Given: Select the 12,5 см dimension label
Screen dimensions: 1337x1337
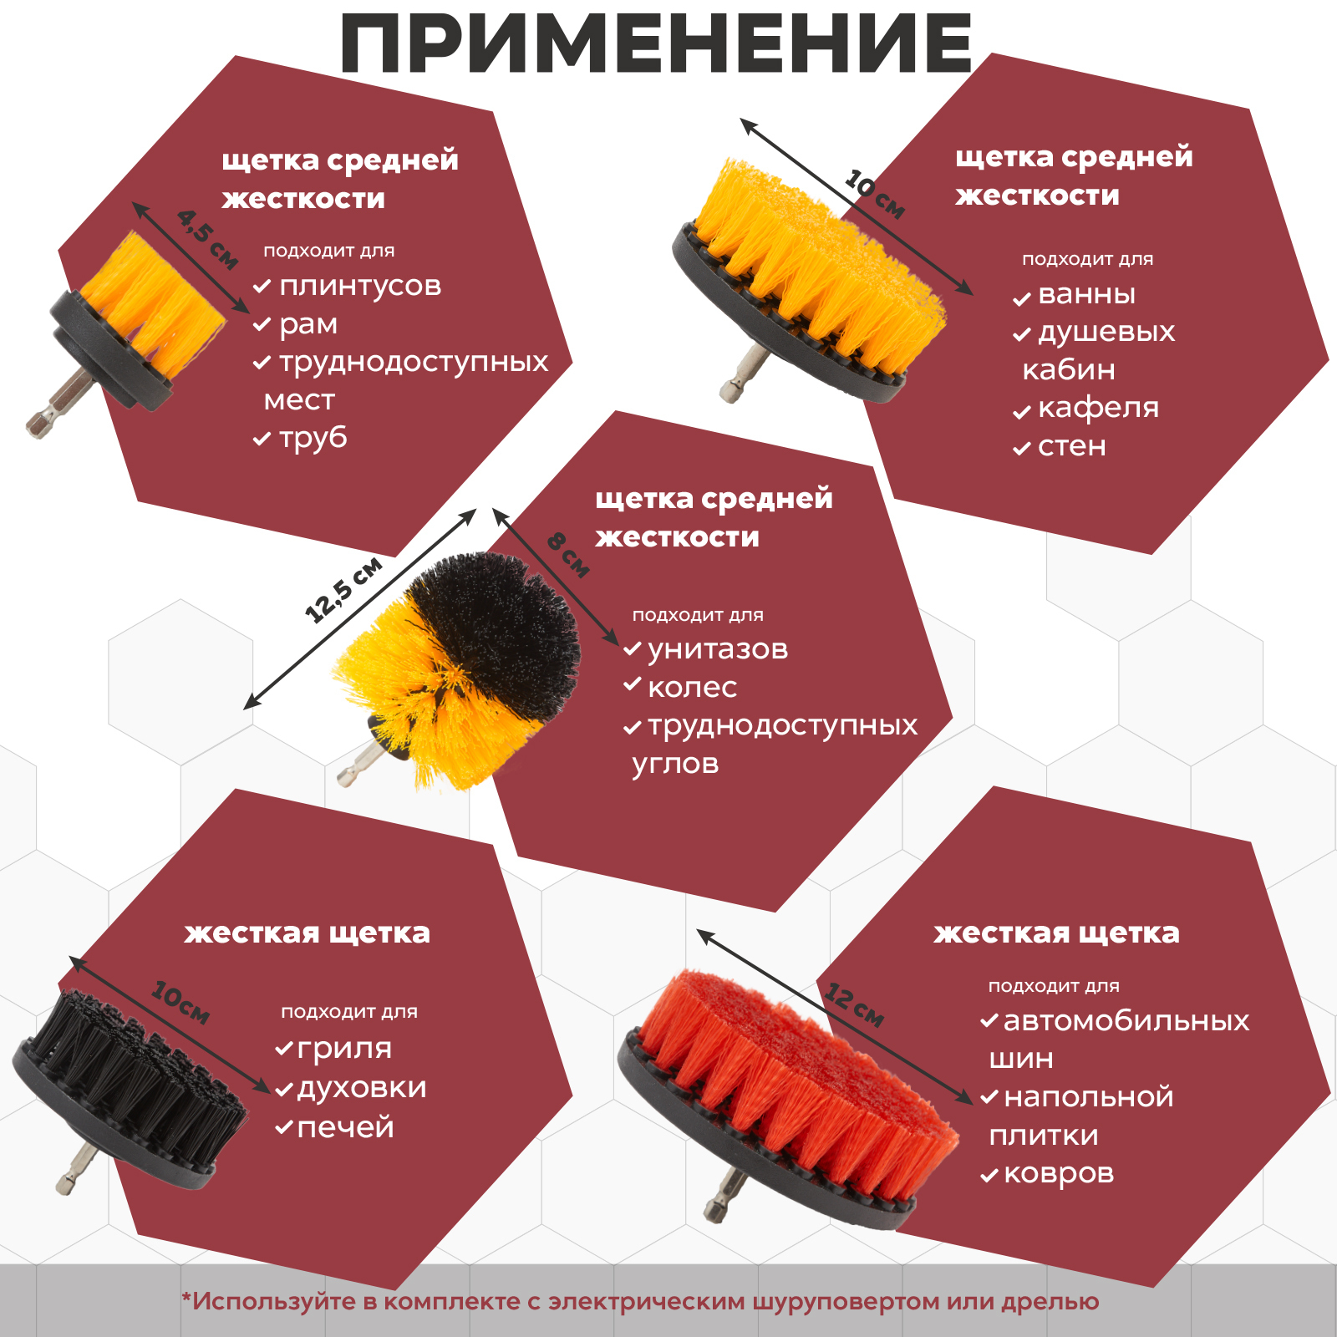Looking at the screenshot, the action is point(343,590).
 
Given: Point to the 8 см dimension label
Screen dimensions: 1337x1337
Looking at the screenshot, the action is point(568,556).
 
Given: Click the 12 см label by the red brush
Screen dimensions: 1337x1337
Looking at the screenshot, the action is point(854,1005).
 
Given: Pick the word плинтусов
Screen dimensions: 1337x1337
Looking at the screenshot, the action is point(360,286).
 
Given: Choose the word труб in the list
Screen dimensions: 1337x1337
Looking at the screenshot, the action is point(313,438).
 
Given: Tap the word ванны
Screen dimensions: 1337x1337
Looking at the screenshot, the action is point(1086,295).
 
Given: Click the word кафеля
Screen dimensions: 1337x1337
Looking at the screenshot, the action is point(1098,408).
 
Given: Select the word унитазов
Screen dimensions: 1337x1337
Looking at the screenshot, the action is point(718,649).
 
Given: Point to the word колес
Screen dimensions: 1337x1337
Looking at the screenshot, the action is point(692,688).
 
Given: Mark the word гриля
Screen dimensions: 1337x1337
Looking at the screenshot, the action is point(344,1049).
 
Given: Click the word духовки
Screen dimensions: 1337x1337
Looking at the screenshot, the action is point(362,1087).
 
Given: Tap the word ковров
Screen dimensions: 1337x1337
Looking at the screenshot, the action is point(1059,1173).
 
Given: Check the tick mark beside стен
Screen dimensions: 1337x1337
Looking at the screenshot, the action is point(1022,449).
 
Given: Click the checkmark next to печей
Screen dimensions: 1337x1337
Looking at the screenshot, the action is point(284,1128).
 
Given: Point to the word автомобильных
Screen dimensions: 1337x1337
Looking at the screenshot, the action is point(1126,1021).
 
